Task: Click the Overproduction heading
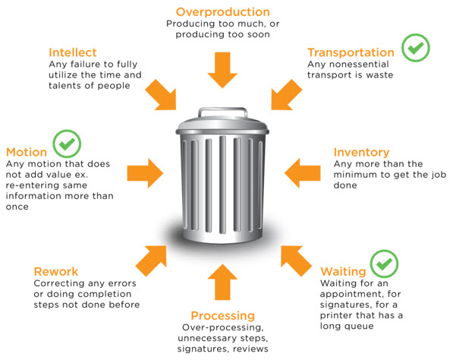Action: coord(222,12)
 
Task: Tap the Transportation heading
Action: coord(350,52)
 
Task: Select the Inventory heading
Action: coord(361,152)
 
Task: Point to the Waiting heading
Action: coord(343,271)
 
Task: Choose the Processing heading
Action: coord(222,315)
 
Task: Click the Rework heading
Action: coord(56,271)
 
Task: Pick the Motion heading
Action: coord(27,152)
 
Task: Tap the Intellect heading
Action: coord(73,52)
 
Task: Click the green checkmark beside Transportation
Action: coord(415,49)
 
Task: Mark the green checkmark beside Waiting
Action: coord(385,264)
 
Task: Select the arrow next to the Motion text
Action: coord(144,169)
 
